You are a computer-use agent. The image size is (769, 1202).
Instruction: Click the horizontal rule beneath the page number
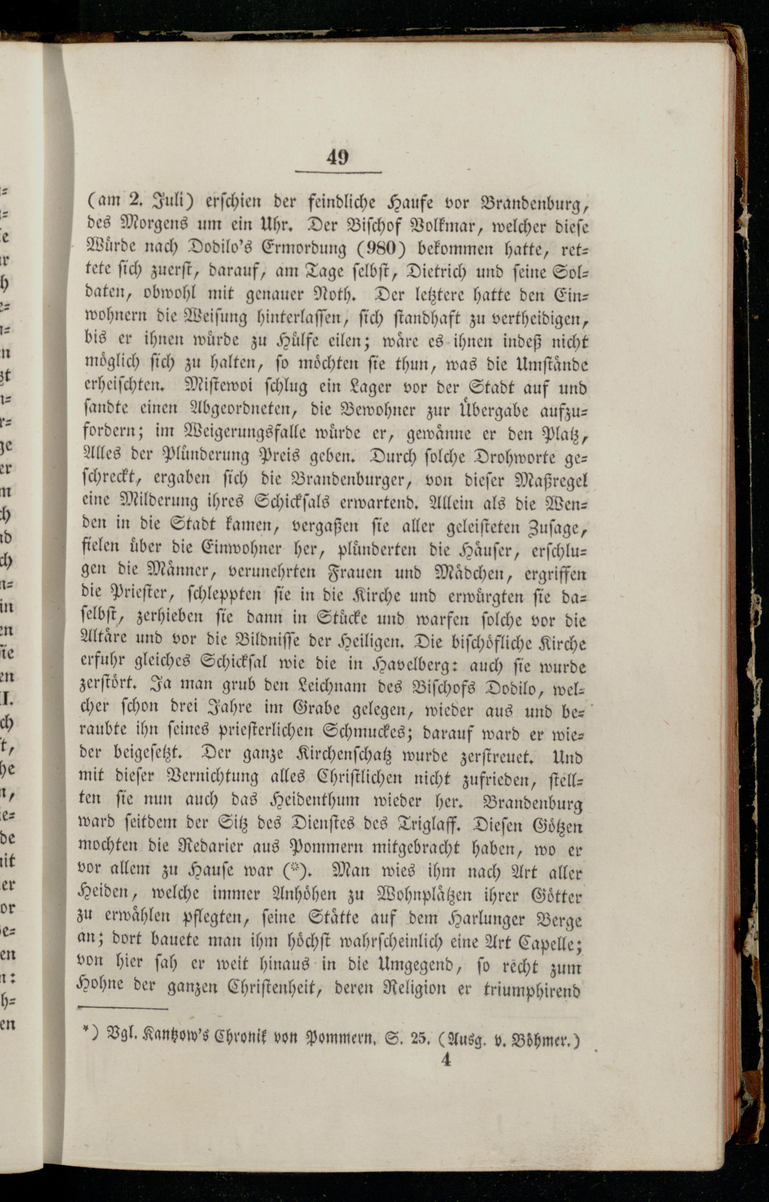coord(338,173)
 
